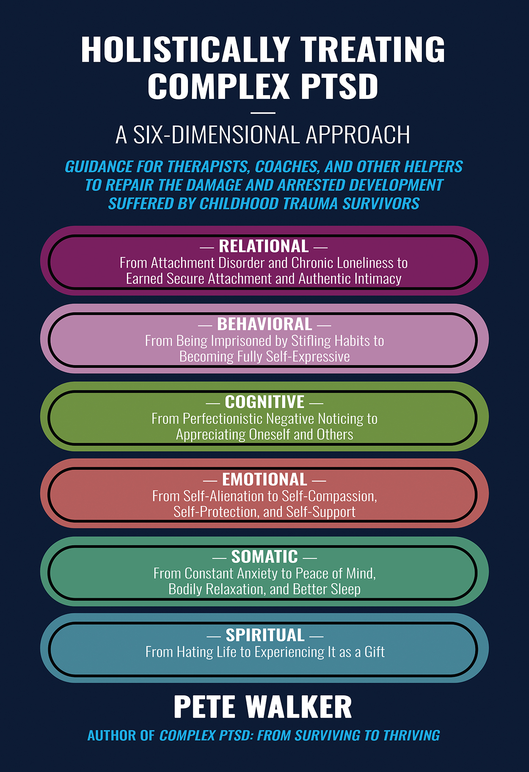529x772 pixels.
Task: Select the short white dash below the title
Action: click(263, 113)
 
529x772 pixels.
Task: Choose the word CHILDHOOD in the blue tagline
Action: click(240, 204)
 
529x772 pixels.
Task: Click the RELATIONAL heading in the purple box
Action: click(264, 246)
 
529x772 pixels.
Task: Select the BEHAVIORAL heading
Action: click(264, 324)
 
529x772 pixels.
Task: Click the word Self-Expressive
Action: click(308, 357)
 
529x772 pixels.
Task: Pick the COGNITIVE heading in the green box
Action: click(264, 402)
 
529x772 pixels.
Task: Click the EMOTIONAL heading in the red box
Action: click(264, 480)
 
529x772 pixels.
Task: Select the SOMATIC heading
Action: click(264, 557)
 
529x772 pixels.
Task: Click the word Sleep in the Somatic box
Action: click(346, 589)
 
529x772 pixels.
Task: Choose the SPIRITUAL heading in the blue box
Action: click(265, 635)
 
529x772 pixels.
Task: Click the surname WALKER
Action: click(299, 707)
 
